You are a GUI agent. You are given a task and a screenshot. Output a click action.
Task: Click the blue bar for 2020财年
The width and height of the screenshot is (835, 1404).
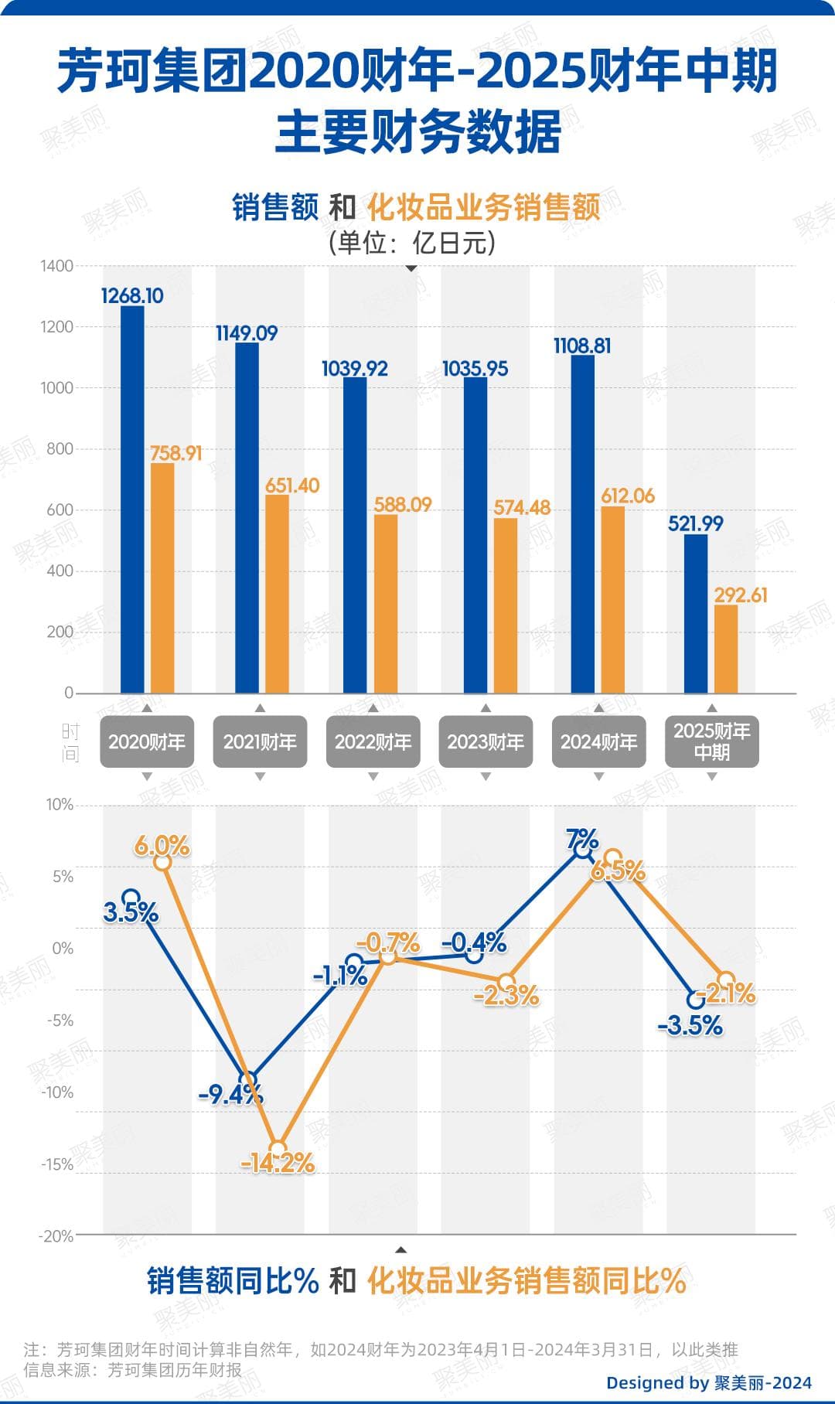pos(132,499)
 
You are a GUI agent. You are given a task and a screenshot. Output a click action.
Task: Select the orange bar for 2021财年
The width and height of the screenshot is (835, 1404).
pos(277,594)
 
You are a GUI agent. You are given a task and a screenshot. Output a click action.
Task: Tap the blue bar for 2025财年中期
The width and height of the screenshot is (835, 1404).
pos(696,614)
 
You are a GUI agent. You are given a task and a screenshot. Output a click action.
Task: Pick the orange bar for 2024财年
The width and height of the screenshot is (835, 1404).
pos(612,599)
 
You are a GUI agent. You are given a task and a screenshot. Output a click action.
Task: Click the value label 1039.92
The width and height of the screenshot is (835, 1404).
pos(354,369)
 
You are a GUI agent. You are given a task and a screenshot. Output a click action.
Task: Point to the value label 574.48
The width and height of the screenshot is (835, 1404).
pos(522,507)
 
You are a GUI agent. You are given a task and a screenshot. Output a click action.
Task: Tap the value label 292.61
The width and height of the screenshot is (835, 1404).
pos(741,595)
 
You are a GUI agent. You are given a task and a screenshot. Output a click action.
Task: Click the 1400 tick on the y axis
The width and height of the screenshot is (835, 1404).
pos(56,266)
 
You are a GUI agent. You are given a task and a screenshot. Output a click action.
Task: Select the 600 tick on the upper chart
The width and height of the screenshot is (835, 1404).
pos(60,509)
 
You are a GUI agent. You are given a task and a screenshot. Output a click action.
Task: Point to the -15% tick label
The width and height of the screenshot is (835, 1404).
pos(57,1164)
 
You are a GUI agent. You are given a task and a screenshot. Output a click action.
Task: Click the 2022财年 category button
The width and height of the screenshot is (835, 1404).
pos(373,742)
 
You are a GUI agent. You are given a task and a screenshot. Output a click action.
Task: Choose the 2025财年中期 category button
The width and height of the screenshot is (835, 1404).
pos(711,742)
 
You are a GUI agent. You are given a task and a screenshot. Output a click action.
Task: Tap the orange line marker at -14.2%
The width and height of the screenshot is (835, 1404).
pos(278,1150)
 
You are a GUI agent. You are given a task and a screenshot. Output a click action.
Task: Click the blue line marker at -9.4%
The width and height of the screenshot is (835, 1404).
pos(248,1080)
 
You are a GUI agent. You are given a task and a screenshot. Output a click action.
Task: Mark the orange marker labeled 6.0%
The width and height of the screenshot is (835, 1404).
pos(162,862)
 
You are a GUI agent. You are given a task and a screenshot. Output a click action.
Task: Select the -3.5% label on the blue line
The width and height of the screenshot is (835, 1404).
pos(690,1026)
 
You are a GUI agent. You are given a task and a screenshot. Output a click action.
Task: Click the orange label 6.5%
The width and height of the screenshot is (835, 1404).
pos(618,871)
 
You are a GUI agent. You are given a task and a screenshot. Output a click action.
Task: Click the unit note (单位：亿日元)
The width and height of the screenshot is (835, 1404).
pos(411,244)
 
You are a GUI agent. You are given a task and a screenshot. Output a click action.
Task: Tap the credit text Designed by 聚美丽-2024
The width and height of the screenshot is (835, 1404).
pos(708,1382)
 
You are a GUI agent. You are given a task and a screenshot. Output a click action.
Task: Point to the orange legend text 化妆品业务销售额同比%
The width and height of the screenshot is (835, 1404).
pos(527,1281)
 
